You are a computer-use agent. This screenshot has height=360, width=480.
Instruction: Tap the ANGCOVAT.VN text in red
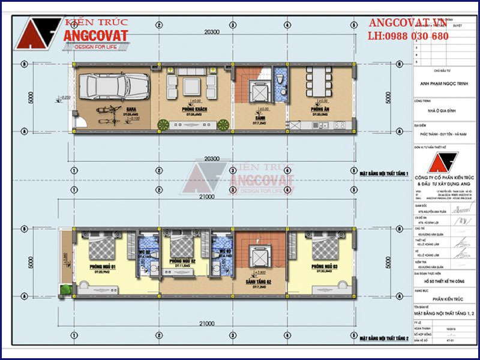click(x=408, y=23)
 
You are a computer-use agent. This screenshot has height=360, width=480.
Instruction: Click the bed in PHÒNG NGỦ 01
click(x=97, y=245)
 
